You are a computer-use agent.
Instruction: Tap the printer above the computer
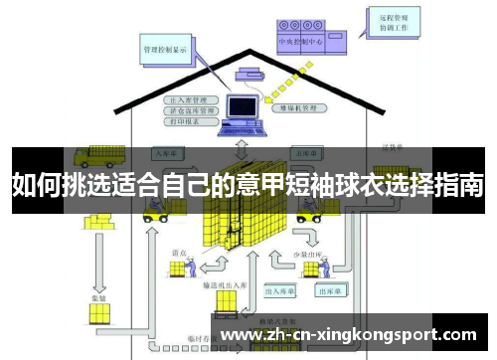248,73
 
